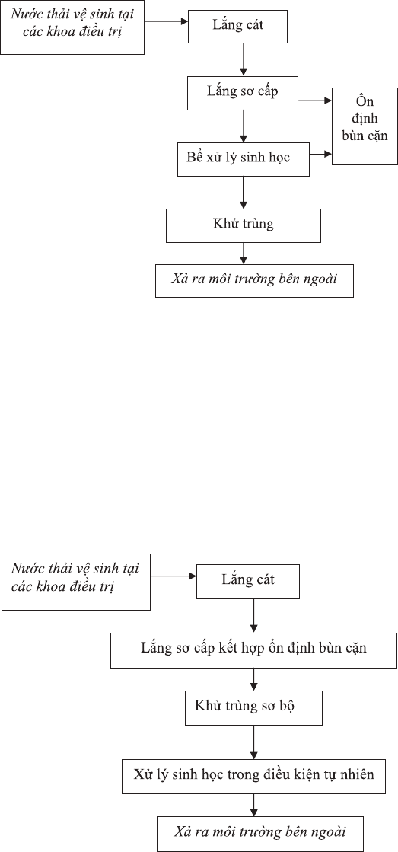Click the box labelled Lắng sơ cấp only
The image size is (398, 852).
pyautogui.click(x=242, y=92)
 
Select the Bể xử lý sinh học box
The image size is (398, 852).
pyautogui.click(x=244, y=159)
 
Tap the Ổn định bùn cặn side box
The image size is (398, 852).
pyautogui.click(x=365, y=126)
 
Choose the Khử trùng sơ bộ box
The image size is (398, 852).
pyautogui.click(x=253, y=708)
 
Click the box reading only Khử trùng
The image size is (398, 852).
pyautogui.click(x=244, y=225)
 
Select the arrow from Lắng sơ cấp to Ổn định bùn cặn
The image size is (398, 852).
pyautogui.click(x=314, y=101)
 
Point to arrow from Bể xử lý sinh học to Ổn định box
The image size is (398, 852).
pyautogui.click(x=321, y=155)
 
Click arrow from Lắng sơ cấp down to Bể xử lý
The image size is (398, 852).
pyautogui.click(x=244, y=126)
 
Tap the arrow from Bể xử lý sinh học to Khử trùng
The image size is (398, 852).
pyautogui.click(x=244, y=193)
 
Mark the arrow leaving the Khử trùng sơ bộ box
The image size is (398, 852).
pyautogui.click(x=253, y=742)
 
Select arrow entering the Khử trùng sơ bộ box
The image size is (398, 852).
pyautogui.click(x=253, y=679)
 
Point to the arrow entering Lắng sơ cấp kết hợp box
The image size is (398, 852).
pyautogui.click(x=253, y=615)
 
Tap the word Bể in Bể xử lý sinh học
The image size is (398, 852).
pyautogui.click(x=193, y=158)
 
